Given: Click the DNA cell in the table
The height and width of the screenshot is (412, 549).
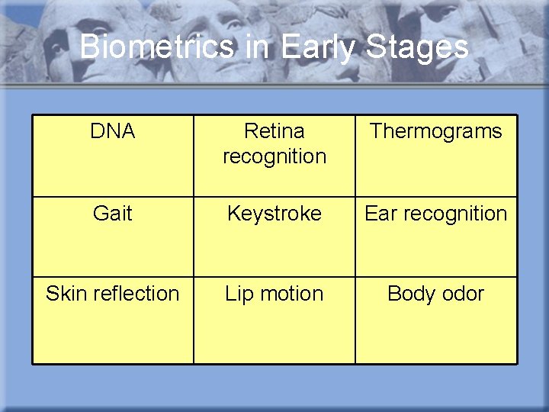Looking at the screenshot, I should click(x=112, y=131).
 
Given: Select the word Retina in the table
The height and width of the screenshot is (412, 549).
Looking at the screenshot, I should click(x=274, y=131).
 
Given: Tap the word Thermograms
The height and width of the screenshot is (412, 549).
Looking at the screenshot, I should click(x=436, y=131).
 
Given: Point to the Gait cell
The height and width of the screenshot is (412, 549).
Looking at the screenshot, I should click(x=112, y=214).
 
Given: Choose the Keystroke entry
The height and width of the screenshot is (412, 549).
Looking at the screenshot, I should click(x=274, y=214).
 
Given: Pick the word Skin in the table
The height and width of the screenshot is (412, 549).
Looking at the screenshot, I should click(x=64, y=294).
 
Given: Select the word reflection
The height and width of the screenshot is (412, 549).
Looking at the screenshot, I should click(x=133, y=294).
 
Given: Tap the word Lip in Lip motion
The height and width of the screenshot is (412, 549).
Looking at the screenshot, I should click(x=240, y=294).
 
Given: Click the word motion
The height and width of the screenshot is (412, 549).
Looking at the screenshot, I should click(x=292, y=294).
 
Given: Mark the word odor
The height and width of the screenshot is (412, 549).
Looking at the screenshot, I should click(x=463, y=294).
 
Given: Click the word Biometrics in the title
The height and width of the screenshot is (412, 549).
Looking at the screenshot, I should click(x=158, y=47).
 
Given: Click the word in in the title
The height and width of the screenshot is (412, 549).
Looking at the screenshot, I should click(x=259, y=47).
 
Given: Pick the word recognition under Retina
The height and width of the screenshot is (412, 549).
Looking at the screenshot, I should click(x=274, y=156).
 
